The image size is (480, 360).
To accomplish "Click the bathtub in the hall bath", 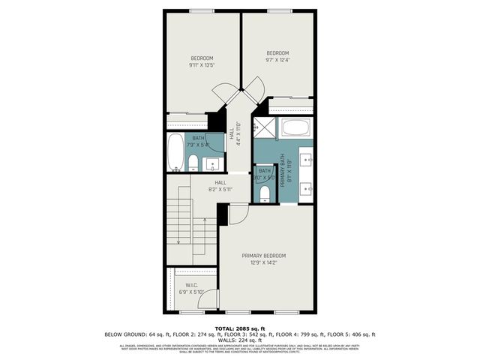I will [174, 152].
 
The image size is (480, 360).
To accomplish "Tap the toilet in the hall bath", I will [193, 163].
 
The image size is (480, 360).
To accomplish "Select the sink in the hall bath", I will [214, 164].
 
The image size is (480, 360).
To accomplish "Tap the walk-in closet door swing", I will [210, 298].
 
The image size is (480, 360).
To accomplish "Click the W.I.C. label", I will [191, 286].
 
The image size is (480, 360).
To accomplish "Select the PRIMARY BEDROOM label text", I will [263, 256].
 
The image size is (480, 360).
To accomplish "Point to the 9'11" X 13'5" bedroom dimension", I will [202, 64].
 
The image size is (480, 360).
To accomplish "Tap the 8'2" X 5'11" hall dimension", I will [220, 189].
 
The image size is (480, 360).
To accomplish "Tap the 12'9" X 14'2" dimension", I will [263, 262].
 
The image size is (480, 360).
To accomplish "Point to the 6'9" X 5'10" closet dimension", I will [191, 292].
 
